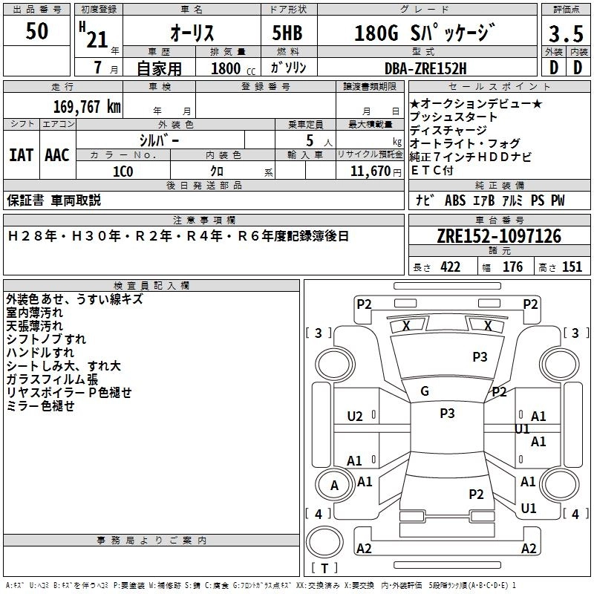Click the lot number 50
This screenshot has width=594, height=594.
pyautogui.click(x=37, y=31)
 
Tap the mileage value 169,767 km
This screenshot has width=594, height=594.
pyautogui.click(x=87, y=106)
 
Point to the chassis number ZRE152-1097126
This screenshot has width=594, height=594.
pyautogui.click(x=499, y=237)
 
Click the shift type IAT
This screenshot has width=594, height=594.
pyautogui.click(x=21, y=155)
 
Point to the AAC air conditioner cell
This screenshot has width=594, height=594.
pyautogui.click(x=56, y=155)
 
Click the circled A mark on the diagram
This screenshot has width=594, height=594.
pyautogui.click(x=334, y=486)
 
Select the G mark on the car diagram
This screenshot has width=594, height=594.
pyautogui.click(x=425, y=391)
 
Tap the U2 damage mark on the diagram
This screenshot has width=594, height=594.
pyautogui.click(x=355, y=417)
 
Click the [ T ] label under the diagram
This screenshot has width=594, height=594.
pyautogui.click(x=324, y=569)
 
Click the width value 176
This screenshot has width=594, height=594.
pyautogui.click(x=512, y=267)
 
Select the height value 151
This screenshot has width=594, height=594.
pyautogui.click(x=572, y=267)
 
